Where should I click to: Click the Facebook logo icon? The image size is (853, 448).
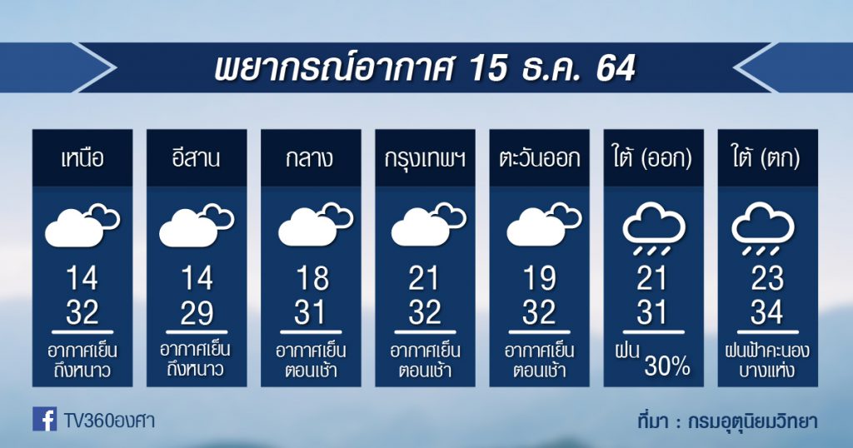[44, 419]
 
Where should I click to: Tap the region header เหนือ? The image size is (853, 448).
[82, 159]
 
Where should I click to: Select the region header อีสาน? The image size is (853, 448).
[197, 157]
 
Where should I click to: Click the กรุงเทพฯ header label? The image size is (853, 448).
[425, 159]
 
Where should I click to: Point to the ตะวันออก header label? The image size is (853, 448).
[539, 159]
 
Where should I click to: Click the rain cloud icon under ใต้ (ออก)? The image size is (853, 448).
[653, 229]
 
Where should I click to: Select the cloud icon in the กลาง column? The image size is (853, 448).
[316, 225]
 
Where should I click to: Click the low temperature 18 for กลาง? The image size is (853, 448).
[312, 278]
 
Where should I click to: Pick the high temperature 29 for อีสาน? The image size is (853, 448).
[197, 312]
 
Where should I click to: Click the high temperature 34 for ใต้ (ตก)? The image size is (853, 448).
[767, 312]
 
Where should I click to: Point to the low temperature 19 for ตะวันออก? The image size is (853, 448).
[539, 278]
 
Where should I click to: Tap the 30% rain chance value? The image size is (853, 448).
[667, 366]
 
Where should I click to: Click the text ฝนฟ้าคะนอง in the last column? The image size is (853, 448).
[767, 351]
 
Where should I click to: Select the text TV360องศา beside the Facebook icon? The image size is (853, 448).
[109, 421]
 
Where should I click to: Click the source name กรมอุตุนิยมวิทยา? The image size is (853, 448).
[753, 421]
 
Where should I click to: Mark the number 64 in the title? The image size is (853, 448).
[616, 68]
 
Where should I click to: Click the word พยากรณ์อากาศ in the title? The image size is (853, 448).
[332, 68]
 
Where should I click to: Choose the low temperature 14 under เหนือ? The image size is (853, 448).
[82, 278]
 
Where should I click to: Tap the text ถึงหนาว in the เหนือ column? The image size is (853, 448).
[82, 371]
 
